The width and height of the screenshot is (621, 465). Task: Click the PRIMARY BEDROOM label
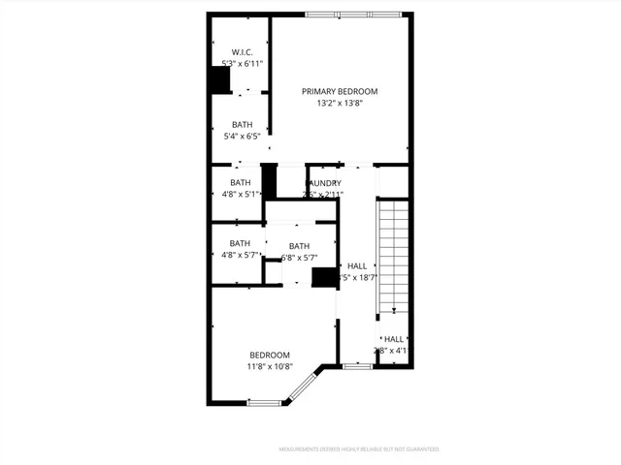click(x=339, y=91)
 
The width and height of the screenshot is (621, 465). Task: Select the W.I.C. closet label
click(x=242, y=51)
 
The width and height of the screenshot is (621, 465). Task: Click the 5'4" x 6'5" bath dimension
click(x=241, y=137)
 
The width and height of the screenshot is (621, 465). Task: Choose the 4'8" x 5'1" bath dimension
click(x=240, y=194)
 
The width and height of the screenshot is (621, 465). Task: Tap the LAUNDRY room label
click(x=324, y=183)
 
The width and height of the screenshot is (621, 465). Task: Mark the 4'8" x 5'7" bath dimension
click(x=240, y=255)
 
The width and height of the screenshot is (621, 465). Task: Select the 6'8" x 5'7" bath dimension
click(x=299, y=257)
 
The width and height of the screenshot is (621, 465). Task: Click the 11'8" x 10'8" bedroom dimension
click(x=269, y=367)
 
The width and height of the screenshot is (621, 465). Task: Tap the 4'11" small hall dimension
click(x=393, y=351)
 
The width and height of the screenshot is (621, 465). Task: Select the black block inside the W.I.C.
click(x=220, y=80)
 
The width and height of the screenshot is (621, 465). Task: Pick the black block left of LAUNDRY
click(x=269, y=181)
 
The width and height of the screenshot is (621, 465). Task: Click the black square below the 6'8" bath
click(x=322, y=277)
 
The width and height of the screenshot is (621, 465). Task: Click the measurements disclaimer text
click(x=359, y=449)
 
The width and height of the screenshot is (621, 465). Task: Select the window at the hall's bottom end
click(x=358, y=366)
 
